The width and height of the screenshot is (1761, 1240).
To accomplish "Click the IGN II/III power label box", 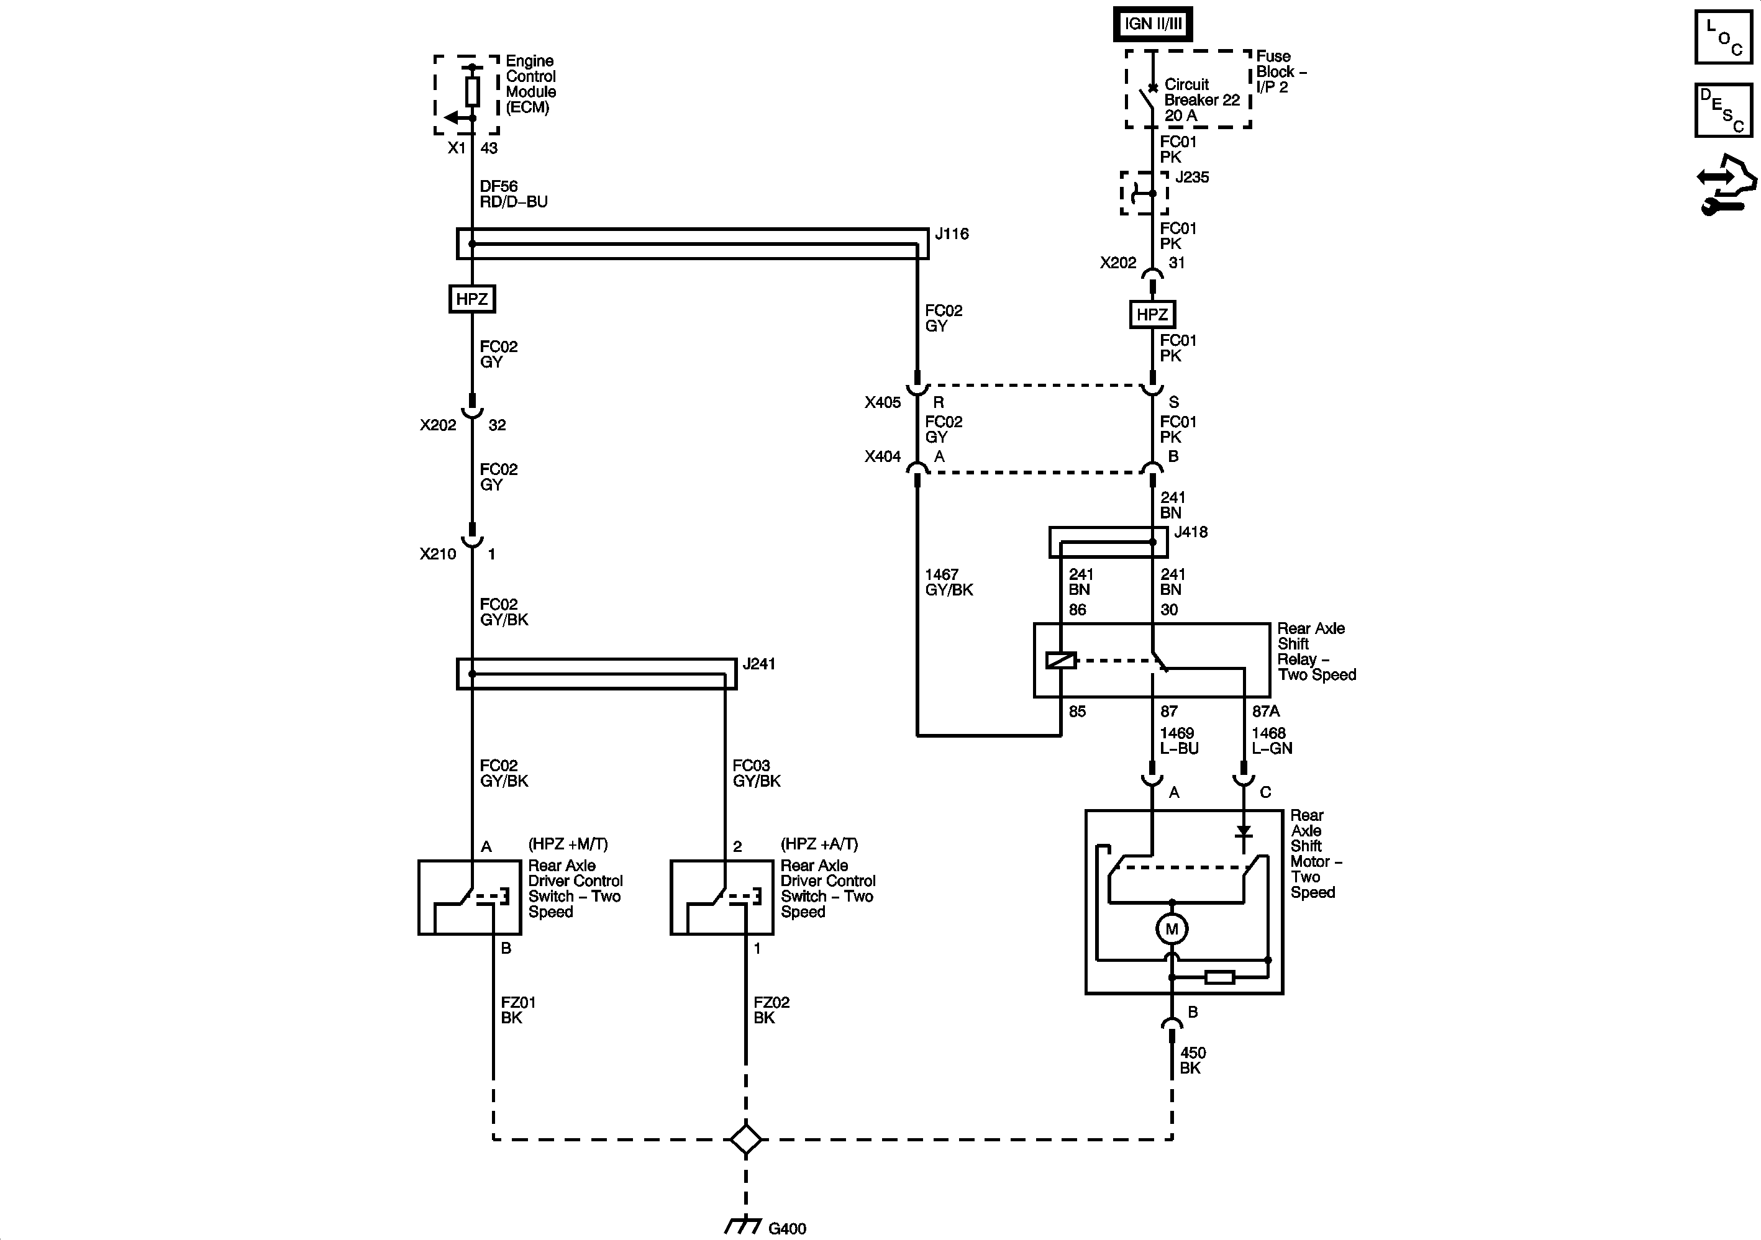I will click(1153, 24).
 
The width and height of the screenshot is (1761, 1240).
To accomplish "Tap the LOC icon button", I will click(1723, 36).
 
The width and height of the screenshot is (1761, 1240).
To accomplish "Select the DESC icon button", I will click(1723, 110).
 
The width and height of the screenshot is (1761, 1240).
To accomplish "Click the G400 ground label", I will click(787, 1228).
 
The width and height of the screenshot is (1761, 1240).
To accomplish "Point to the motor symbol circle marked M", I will click(1171, 930).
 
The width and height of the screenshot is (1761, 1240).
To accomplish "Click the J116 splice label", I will click(952, 234).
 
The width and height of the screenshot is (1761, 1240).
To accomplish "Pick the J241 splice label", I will click(758, 664).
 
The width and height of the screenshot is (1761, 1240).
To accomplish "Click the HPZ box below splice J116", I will click(471, 299).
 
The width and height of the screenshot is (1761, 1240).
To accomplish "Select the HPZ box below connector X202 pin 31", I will click(1152, 314).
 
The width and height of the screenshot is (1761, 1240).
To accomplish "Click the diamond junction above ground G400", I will click(745, 1139).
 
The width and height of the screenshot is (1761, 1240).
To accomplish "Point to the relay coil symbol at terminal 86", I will click(1062, 660).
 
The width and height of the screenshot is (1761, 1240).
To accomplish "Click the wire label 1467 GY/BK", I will click(949, 582).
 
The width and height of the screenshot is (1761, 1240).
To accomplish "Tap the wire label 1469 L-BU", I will click(1179, 741).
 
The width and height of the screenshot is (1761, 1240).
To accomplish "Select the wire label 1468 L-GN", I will click(1272, 741).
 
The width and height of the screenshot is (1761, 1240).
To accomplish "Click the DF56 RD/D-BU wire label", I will click(513, 194).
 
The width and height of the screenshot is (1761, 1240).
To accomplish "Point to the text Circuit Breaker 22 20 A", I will click(1201, 100).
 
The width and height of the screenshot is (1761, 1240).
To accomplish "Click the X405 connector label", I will click(882, 402).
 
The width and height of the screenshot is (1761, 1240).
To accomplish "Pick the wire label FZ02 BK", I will click(771, 1010).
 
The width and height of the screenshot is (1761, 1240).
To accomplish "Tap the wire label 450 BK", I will click(1192, 1061).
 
